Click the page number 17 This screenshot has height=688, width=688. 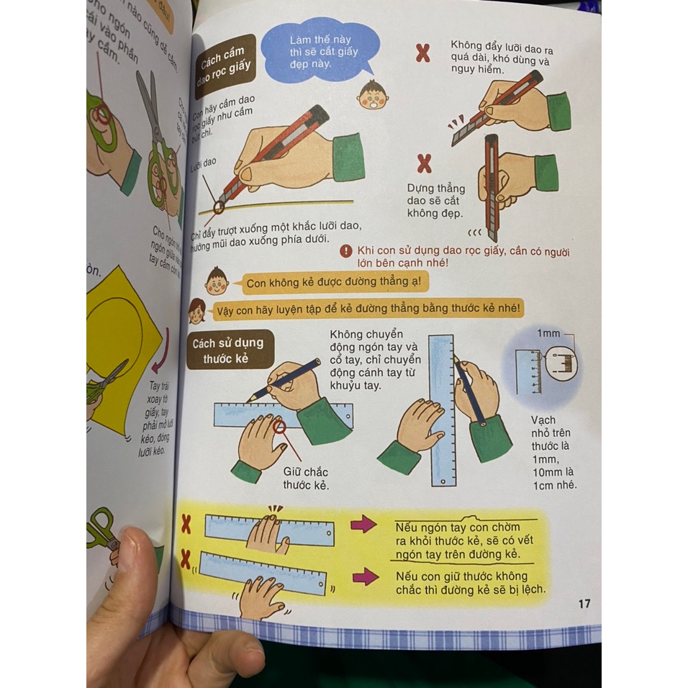point(584,603)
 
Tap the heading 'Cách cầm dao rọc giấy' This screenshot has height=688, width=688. point(225,66)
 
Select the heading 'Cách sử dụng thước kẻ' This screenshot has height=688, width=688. point(227,350)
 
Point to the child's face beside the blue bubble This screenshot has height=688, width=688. point(372,95)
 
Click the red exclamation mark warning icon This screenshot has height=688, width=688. point(346,251)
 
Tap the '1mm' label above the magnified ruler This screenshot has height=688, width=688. point(548,334)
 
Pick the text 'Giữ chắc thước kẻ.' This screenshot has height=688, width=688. point(306,479)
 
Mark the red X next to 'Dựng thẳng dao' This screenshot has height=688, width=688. point(425,164)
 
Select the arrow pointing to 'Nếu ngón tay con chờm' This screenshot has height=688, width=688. point(363,524)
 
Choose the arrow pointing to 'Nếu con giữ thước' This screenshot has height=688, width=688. point(366,576)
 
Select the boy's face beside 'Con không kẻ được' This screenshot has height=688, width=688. point(217,280)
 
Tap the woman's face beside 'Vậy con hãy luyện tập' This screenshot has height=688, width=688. point(197,311)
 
